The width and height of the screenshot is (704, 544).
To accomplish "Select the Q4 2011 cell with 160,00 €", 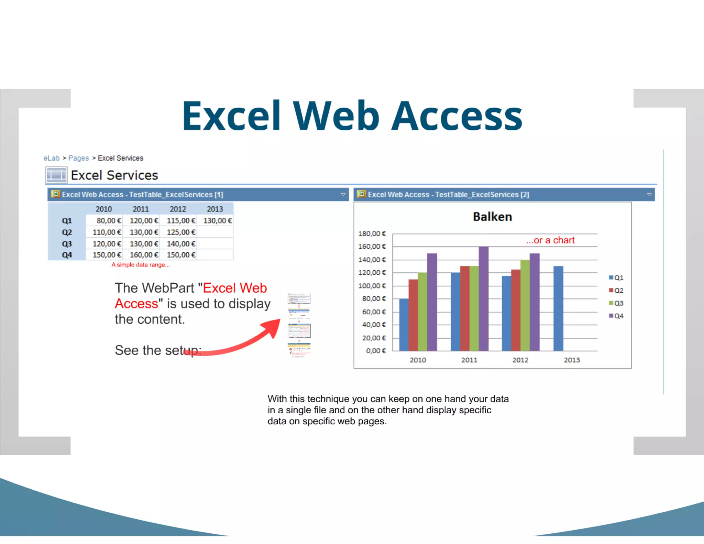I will (144, 255).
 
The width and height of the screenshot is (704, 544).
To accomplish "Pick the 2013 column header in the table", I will (215, 209).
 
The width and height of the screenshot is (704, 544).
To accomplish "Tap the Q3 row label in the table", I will (67, 244).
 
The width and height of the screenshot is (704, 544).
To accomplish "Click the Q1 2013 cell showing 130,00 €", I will (217, 221).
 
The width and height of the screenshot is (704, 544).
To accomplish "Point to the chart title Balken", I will (492, 217).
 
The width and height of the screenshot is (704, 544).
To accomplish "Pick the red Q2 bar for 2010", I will (413, 315).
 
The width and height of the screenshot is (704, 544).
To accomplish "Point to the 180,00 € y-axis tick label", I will (372, 234).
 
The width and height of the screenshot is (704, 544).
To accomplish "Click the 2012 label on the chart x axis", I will (520, 360).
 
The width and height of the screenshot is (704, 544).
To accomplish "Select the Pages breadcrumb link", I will (78, 158).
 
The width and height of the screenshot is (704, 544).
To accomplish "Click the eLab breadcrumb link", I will (52, 158).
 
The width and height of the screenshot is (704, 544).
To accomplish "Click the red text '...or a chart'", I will (550, 240).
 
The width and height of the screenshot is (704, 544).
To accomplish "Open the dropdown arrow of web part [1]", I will (343, 195).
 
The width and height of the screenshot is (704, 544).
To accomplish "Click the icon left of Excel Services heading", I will (56, 175).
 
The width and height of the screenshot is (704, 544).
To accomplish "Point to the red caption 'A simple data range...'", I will (140, 265).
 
